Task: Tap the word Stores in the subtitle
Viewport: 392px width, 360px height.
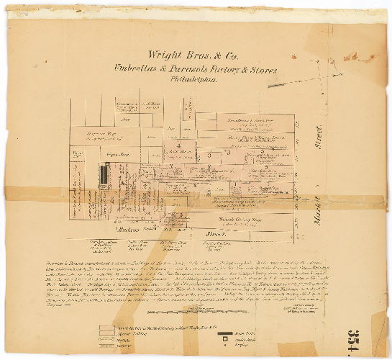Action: coord(263,70)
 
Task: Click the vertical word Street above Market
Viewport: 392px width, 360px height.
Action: coord(317,138)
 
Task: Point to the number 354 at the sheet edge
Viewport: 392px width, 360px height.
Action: coord(377,328)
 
